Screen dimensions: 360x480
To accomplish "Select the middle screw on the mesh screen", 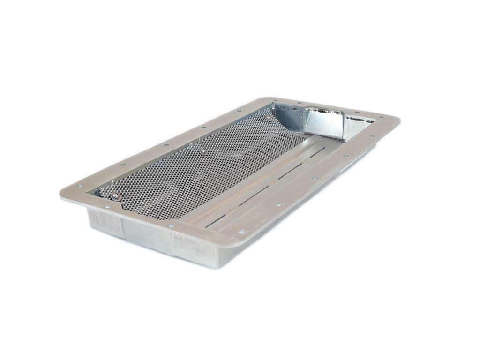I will [x=202, y=151].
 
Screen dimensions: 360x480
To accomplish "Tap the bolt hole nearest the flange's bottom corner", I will [x=241, y=232].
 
